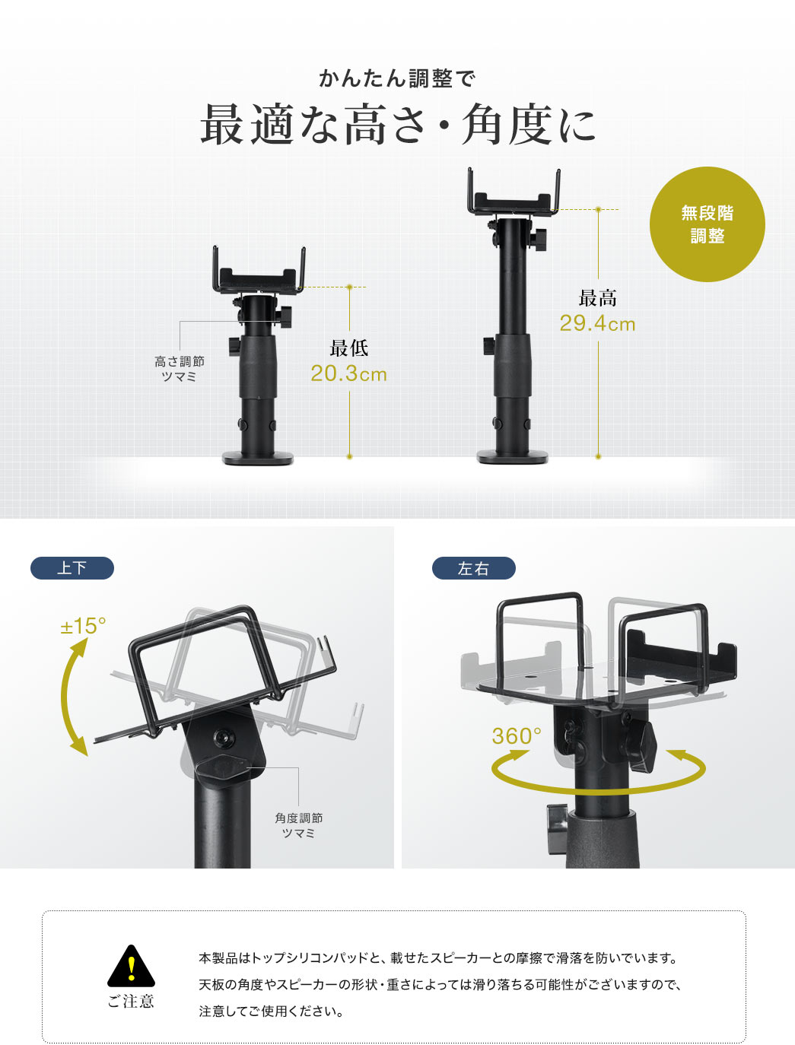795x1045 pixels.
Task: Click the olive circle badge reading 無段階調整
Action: pyautogui.click(x=707, y=224)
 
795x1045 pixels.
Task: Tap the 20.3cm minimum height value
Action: pyautogui.click(x=348, y=374)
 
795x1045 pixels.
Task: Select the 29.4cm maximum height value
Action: pyautogui.click(x=597, y=324)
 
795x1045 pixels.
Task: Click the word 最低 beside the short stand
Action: pyautogui.click(x=349, y=348)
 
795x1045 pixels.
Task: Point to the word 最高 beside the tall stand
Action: pyautogui.click(x=597, y=298)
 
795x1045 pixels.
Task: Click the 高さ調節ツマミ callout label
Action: pyautogui.click(x=179, y=369)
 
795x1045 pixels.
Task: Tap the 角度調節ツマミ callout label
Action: pyautogui.click(x=298, y=825)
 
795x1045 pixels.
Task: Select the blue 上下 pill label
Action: pyautogui.click(x=72, y=568)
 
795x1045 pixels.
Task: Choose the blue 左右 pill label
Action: pyautogui.click(x=474, y=568)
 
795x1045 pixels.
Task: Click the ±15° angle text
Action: pyautogui.click(x=83, y=626)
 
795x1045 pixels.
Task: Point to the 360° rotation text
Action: pyautogui.click(x=517, y=736)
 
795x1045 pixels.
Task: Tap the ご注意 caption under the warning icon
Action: pyautogui.click(x=131, y=1002)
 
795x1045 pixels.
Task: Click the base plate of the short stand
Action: pyautogui.click(x=258, y=458)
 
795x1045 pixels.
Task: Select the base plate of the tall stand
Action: pyautogui.click(x=512, y=456)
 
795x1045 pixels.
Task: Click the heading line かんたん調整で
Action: pyautogui.click(x=397, y=79)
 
